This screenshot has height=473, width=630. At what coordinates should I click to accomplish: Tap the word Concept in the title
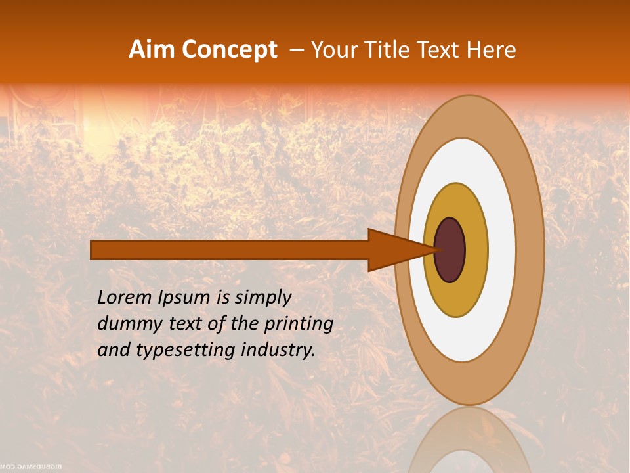coord(229,50)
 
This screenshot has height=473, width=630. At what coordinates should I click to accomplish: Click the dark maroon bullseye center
coord(450,250)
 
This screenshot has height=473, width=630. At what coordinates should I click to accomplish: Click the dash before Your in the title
coord(296,50)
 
